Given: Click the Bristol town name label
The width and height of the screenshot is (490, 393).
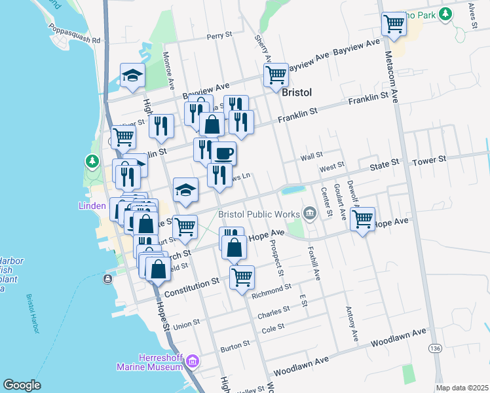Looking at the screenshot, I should (296, 92).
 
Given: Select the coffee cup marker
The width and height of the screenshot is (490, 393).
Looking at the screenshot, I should (223, 153).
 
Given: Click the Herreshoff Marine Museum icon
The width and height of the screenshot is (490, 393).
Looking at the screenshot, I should (192, 361).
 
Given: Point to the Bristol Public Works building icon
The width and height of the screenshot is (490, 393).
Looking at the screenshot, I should (311, 212).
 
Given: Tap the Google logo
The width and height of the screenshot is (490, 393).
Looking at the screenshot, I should (22, 385).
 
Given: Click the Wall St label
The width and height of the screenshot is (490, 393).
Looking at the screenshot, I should (312, 156).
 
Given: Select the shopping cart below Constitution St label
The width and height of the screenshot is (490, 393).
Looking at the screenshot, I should (242, 277).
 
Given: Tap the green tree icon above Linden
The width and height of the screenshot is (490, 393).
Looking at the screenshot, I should (92, 160).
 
